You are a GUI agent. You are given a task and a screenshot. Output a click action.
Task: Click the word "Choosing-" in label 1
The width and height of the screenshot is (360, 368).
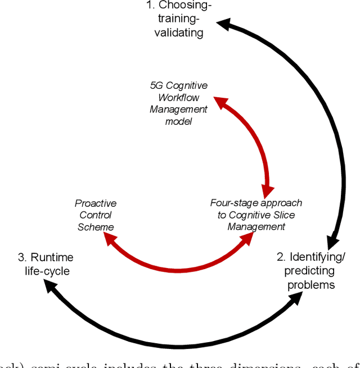[185, 6]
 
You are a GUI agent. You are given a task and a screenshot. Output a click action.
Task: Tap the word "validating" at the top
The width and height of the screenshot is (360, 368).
[179, 33]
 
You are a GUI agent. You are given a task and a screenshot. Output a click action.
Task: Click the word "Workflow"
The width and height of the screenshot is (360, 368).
[178, 97]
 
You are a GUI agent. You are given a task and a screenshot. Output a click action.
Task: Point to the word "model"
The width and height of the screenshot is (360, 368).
[178, 121]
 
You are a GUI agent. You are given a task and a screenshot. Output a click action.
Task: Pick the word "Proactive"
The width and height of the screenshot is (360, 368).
[96, 203]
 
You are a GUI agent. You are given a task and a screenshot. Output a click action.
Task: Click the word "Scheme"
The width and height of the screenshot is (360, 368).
[96, 227]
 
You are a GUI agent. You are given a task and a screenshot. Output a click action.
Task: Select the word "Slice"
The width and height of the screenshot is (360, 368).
[283, 215]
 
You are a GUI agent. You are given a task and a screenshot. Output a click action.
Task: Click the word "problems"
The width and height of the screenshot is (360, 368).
[311, 285]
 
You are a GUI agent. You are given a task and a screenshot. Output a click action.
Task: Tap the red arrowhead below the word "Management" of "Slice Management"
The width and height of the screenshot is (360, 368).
[247, 239]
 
